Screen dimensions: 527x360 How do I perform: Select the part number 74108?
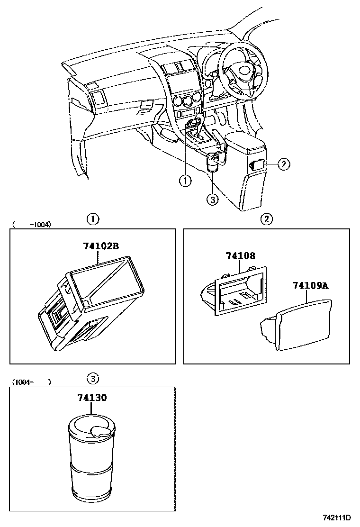click(x=240, y=256)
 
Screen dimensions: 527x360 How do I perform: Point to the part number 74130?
click(x=92, y=398)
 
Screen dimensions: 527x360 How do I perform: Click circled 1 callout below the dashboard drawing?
click(x=185, y=180)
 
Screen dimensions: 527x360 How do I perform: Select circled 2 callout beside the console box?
click(x=283, y=164)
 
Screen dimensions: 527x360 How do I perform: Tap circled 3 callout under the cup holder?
click(x=213, y=200)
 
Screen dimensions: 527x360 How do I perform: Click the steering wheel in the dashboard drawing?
click(x=239, y=71)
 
